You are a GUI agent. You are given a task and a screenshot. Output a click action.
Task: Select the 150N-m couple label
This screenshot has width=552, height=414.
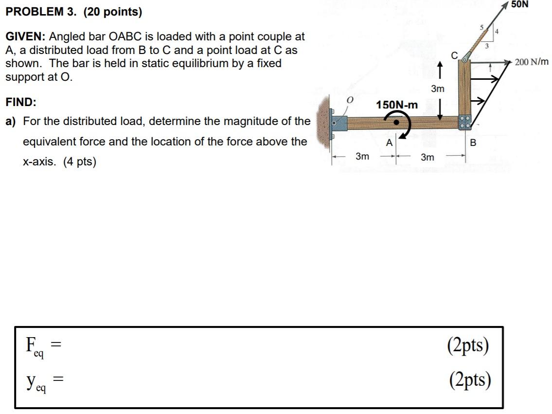[x=396, y=105]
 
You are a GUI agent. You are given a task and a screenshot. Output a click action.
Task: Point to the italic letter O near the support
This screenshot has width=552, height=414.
[x=348, y=100]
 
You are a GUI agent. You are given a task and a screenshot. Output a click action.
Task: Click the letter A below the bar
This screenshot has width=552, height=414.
[x=389, y=143]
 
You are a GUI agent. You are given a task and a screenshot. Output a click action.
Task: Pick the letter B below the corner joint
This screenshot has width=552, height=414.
[x=472, y=143]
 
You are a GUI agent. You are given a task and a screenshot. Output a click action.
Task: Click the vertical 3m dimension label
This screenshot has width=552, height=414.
[x=438, y=89]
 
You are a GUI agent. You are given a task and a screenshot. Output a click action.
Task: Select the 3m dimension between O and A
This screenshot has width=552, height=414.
[x=362, y=157]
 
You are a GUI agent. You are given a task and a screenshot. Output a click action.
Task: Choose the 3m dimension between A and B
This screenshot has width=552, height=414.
[x=427, y=157]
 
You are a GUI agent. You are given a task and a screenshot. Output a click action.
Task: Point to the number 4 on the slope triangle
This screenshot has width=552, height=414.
[x=497, y=33]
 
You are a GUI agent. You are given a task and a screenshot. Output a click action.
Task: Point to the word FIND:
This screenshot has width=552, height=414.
[x=21, y=102]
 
